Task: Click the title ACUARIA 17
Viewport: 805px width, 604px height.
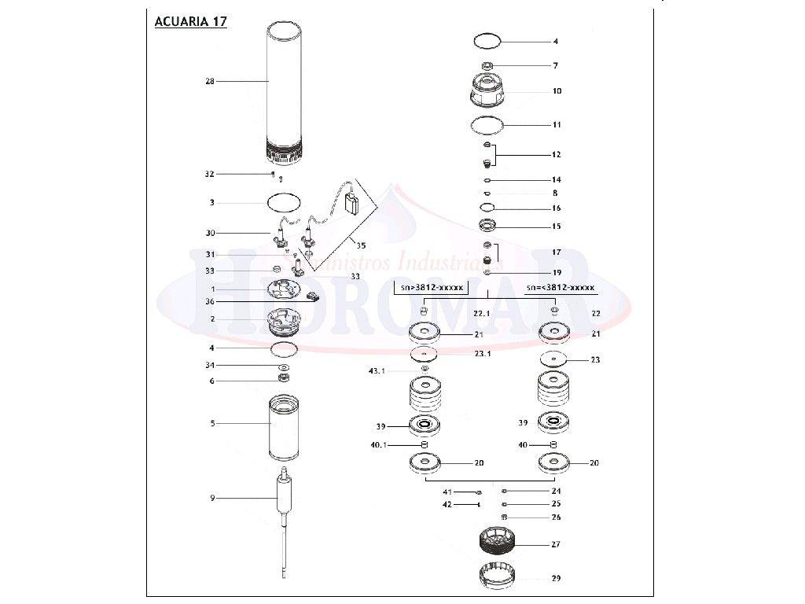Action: click(x=191, y=21)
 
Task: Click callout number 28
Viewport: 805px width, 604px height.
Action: click(x=210, y=81)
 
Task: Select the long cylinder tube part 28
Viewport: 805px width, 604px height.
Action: click(x=284, y=87)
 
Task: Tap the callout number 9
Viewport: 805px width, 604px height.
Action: click(x=212, y=498)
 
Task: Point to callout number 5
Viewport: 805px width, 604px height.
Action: click(x=212, y=423)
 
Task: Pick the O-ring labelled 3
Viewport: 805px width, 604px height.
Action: click(x=285, y=202)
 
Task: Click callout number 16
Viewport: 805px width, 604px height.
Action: click(x=556, y=208)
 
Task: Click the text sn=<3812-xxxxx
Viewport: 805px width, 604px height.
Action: click(x=561, y=288)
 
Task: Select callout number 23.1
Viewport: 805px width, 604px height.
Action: click(x=482, y=353)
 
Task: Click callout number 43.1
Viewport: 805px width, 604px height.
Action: click(x=377, y=370)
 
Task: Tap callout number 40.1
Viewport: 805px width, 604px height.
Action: click(x=378, y=445)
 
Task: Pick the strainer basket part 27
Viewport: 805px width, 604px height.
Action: click(x=495, y=541)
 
